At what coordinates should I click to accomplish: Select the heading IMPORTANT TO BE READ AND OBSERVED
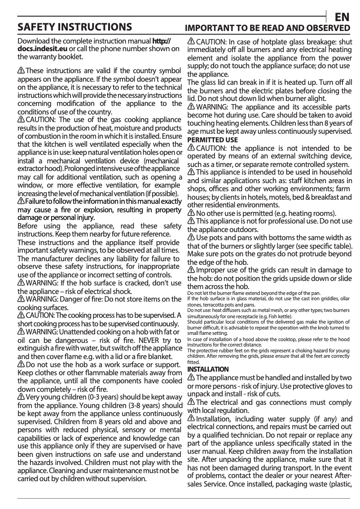[x=268, y=28]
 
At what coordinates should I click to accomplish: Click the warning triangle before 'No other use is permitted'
[x=191, y=213]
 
